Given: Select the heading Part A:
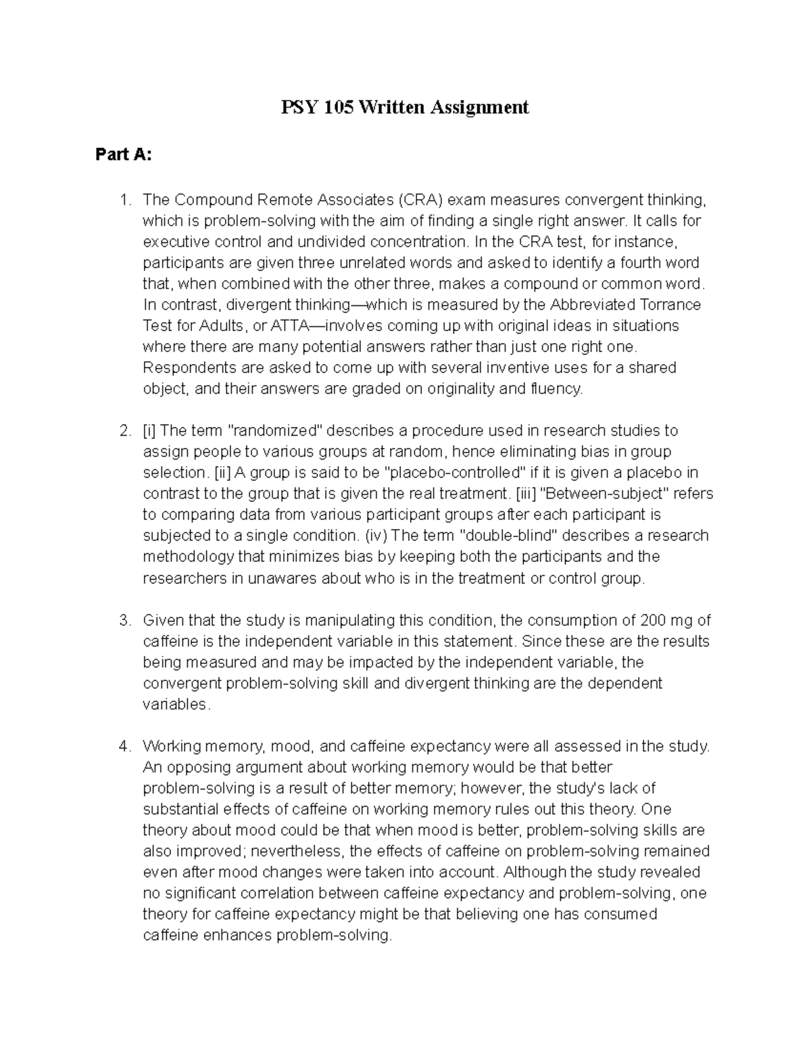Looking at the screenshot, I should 124,155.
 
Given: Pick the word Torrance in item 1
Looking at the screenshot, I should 668,305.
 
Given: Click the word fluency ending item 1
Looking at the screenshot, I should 556,388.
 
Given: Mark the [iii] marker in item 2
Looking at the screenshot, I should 526,494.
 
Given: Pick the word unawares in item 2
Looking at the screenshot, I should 282,578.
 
